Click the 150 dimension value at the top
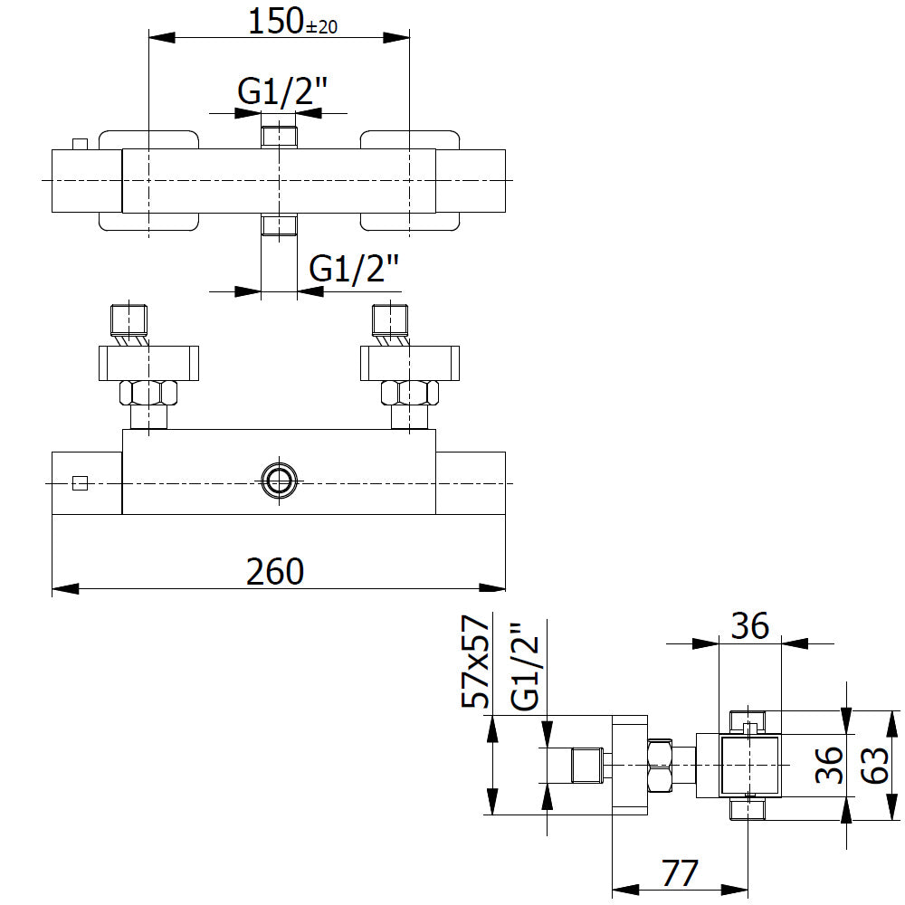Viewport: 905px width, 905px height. click(x=275, y=22)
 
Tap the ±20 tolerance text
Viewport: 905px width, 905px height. click(x=321, y=27)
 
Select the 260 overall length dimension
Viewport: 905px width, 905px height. click(x=275, y=571)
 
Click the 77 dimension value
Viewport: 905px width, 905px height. click(x=680, y=872)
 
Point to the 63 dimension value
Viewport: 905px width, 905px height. click(x=875, y=765)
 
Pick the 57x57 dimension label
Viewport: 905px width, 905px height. click(x=476, y=662)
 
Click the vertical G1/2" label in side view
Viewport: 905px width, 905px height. click(x=525, y=667)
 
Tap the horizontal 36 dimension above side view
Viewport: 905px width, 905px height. click(x=749, y=625)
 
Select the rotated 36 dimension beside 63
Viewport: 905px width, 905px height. click(x=829, y=765)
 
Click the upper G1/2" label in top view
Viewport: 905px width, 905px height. click(x=282, y=91)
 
